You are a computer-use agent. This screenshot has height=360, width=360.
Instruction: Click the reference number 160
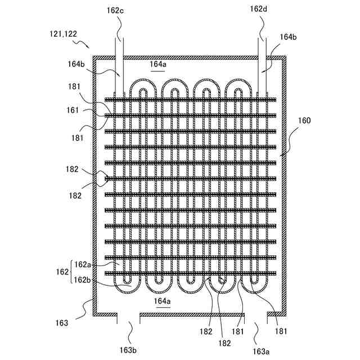(304, 121)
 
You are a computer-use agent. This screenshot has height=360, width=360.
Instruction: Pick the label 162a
(82, 264)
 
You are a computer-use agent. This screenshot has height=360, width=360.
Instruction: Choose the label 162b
(82, 280)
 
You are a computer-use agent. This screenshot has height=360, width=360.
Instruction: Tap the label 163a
(260, 351)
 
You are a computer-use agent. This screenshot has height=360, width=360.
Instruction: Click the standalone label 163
(62, 323)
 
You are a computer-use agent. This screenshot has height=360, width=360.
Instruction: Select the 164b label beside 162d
(287, 37)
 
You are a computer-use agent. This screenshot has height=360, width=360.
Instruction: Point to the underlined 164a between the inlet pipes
(158, 65)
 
